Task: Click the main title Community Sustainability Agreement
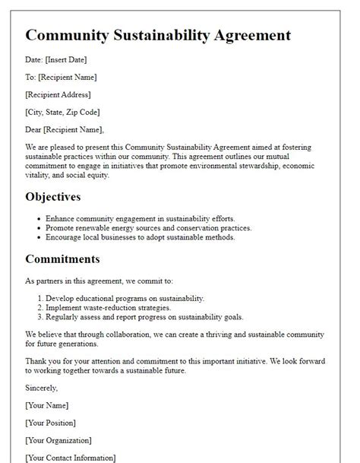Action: (x=158, y=35)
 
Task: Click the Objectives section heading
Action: (x=53, y=197)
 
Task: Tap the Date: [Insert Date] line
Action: (x=55, y=60)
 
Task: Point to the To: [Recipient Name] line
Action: (x=61, y=77)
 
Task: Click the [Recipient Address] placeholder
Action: (x=58, y=94)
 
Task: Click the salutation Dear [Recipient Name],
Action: (x=65, y=129)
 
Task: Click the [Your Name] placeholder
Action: (x=47, y=405)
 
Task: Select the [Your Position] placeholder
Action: (x=50, y=423)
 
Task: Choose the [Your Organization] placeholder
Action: (x=58, y=440)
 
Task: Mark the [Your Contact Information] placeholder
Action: (x=71, y=458)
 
